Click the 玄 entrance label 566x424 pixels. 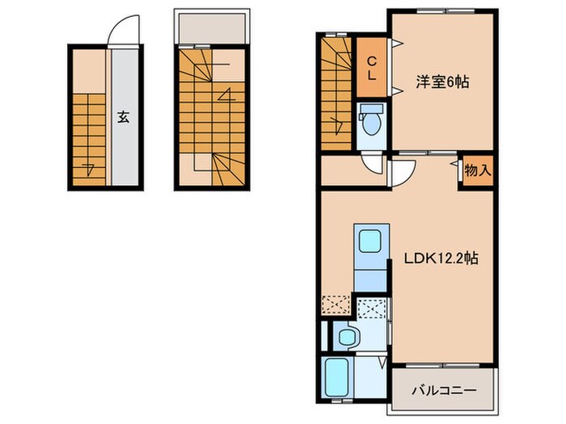coord(123,116)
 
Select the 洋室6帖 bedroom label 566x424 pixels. coord(443,82)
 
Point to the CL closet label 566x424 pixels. coord(372,68)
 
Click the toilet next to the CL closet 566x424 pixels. coord(372,124)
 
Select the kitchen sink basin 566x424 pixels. coord(371,242)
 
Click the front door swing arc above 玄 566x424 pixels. coord(122,31)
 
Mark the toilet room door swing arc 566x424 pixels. coord(373,164)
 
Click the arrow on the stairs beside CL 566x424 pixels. coord(338,124)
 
